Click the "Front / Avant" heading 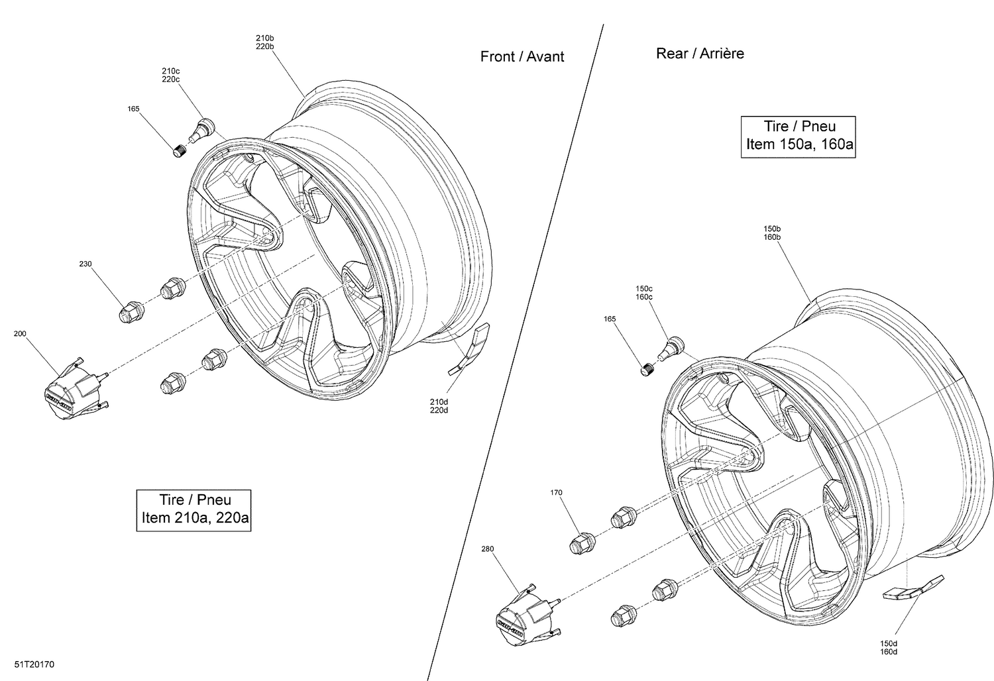[522, 57]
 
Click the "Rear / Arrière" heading [700, 54]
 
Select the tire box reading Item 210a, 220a [195, 509]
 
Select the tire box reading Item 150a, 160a [799, 136]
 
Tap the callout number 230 [85, 264]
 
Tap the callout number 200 [20, 334]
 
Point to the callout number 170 [556, 492]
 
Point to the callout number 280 [489, 549]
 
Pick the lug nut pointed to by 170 [582, 542]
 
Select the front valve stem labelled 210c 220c [201, 129]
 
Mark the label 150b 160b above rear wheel [771, 233]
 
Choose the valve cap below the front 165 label [180, 151]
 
